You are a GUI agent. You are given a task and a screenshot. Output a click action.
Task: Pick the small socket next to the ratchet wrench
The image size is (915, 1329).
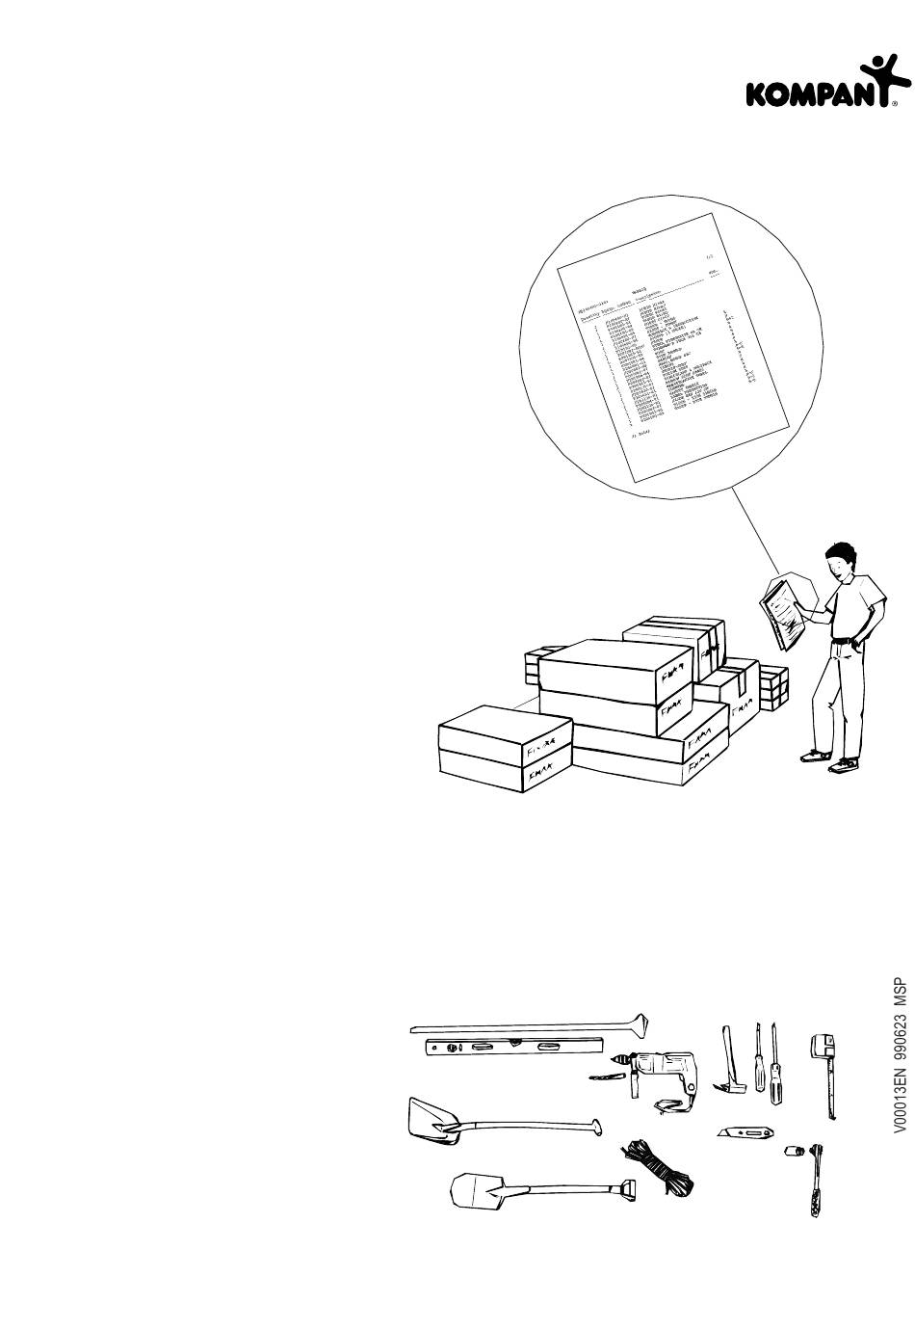pos(793,1150)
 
